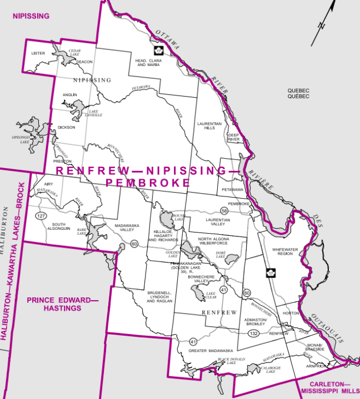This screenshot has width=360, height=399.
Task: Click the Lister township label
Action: pos(38,54)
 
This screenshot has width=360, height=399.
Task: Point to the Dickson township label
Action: pos(67,127)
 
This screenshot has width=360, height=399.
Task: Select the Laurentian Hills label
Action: pos(209,125)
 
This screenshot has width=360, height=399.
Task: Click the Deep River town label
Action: pos(233,137)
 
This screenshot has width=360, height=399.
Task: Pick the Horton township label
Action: pos(291,314)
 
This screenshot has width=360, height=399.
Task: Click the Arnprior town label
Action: pos(316,366)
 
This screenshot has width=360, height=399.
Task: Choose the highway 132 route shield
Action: pos(254,334)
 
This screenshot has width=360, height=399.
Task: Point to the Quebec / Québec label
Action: pos(298,93)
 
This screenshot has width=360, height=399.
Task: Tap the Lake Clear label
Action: pos(210,295)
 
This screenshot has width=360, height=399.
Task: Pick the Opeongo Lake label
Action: pos(25,139)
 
